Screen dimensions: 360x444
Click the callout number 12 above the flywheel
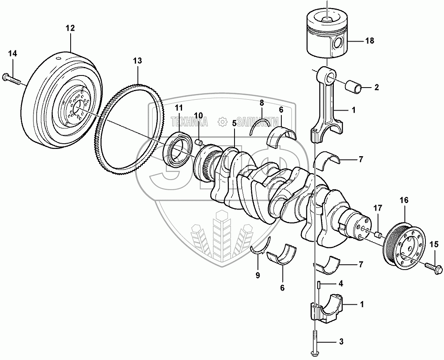70,28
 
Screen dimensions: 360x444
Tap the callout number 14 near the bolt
13,53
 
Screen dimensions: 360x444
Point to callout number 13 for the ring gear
138,61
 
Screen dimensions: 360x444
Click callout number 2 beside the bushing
376,87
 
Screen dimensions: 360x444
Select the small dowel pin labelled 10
199,142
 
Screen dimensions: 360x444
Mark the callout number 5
234,123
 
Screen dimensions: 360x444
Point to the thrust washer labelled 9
260,250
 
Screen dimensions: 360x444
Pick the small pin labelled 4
318,285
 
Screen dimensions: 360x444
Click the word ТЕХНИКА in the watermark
188,121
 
